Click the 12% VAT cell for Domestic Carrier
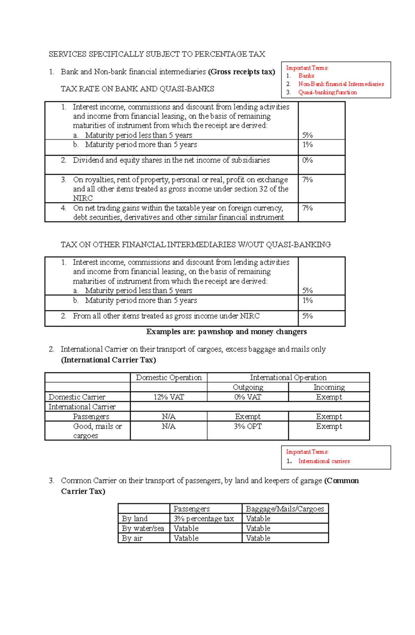168,397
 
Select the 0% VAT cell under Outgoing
248,397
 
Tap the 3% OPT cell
248,426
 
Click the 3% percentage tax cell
204,518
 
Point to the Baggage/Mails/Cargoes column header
285,509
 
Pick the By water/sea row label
143,528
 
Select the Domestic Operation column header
168,378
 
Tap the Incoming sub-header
329,387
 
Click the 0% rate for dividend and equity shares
307,160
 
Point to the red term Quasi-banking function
328,92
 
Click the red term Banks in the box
306,76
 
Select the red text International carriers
324,461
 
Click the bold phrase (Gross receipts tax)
241,72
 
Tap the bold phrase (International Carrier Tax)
108,360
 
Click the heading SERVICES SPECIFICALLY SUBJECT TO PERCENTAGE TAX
157,54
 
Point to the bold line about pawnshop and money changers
226,332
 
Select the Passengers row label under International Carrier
91,417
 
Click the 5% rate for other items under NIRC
307,316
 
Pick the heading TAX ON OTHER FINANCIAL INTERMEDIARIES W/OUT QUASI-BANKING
196,245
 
